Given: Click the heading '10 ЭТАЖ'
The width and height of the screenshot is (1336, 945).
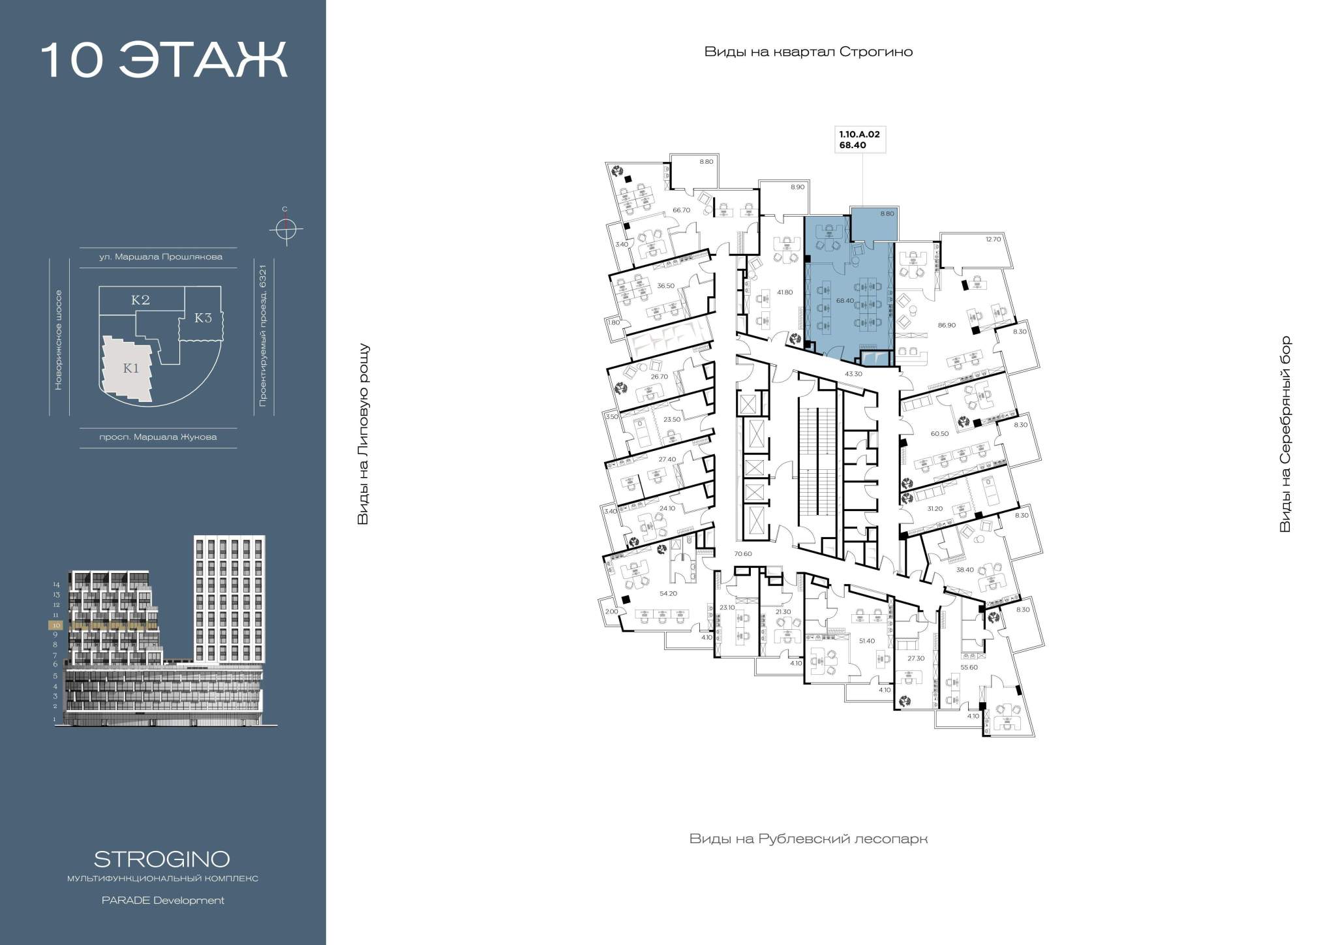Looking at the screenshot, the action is point(164,61).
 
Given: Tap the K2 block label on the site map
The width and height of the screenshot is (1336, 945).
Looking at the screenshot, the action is point(140,300).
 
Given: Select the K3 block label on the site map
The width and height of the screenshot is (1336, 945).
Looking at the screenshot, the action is point(204,318).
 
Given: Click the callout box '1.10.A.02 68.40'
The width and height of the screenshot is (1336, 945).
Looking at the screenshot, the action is point(860,140).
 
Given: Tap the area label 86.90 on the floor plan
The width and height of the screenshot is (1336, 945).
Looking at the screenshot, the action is point(947,324).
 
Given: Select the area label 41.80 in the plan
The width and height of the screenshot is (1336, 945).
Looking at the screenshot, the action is point(784,292).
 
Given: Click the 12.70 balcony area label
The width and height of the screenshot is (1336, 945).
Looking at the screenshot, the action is point(993,240).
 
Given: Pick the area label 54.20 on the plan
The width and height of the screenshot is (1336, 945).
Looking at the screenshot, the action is point(668,593).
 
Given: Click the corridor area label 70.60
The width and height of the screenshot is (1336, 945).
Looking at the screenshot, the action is point(743,554).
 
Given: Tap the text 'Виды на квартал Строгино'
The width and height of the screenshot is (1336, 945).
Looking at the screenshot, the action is point(808,52).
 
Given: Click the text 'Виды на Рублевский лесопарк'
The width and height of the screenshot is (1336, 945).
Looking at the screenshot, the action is point(808,839).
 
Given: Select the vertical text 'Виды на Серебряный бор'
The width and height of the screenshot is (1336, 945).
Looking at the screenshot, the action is point(1285,434).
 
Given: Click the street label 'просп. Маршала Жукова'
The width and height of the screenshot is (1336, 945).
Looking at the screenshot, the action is point(159,437).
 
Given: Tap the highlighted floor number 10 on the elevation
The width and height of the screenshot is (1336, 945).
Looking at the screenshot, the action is point(55,625).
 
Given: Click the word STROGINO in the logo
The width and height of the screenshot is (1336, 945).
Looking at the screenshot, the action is point(162,858).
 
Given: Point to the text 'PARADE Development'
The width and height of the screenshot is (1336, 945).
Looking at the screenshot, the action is point(163,901).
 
